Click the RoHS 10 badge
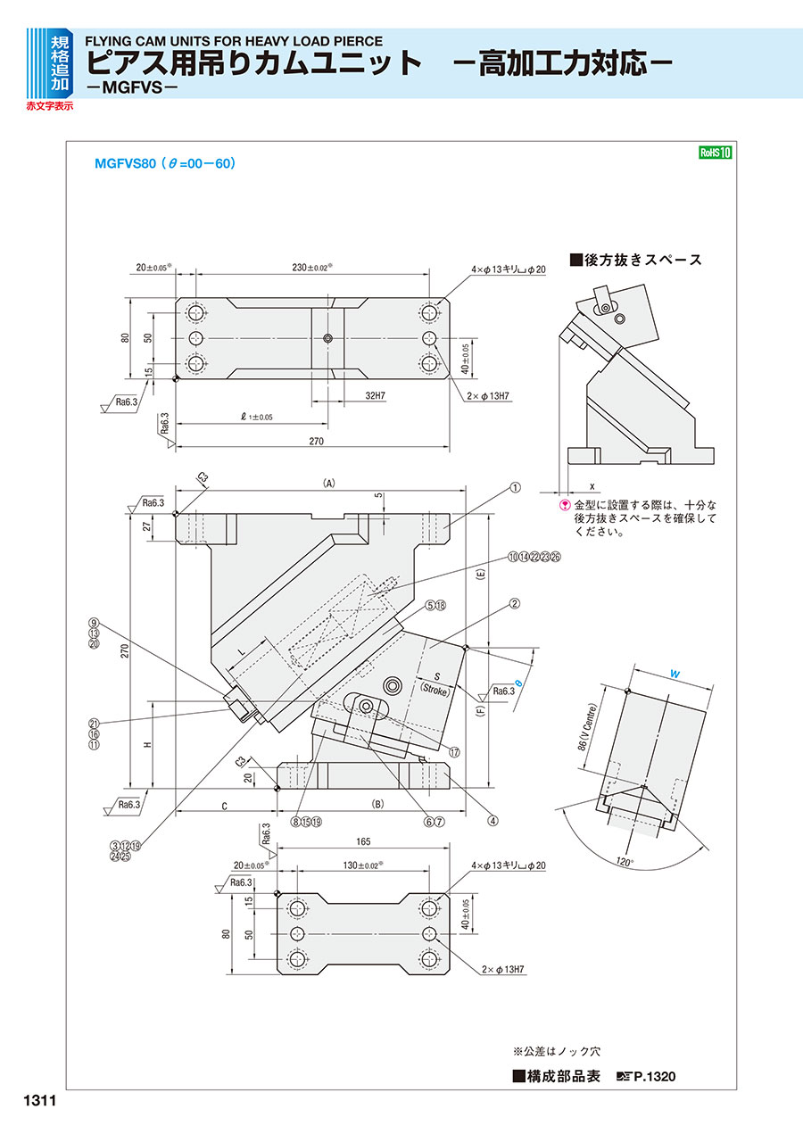click(715, 153)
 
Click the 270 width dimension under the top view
click(316, 442)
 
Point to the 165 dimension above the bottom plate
click(362, 840)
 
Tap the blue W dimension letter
click(675, 675)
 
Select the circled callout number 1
click(515, 488)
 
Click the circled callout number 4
click(492, 822)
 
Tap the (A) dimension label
click(328, 483)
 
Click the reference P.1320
click(654, 1077)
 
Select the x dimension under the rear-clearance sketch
click(592, 485)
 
